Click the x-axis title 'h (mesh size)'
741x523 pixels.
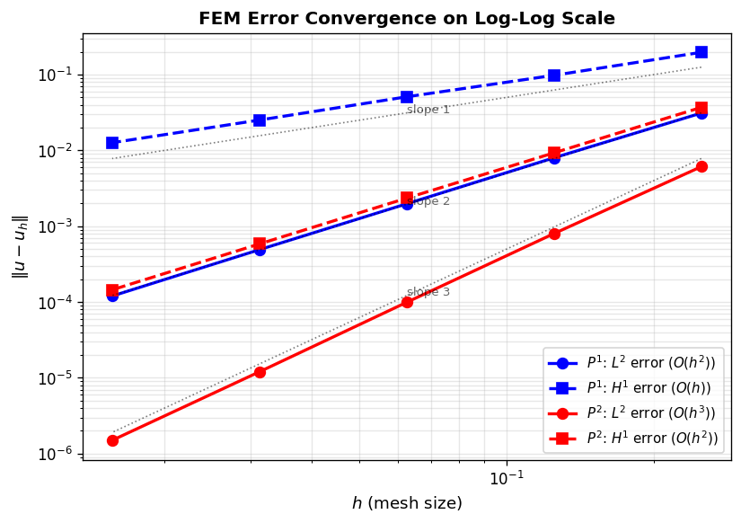coord(406,503)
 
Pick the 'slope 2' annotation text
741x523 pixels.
coord(430,201)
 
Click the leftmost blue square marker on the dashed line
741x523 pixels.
coord(112,143)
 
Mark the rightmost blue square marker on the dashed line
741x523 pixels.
coord(701,52)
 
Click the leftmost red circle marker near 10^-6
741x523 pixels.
coord(112,440)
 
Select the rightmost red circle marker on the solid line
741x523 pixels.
coord(701,166)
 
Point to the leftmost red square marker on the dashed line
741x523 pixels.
coord(112,290)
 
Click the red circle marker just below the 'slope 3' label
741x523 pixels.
coord(407,302)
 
